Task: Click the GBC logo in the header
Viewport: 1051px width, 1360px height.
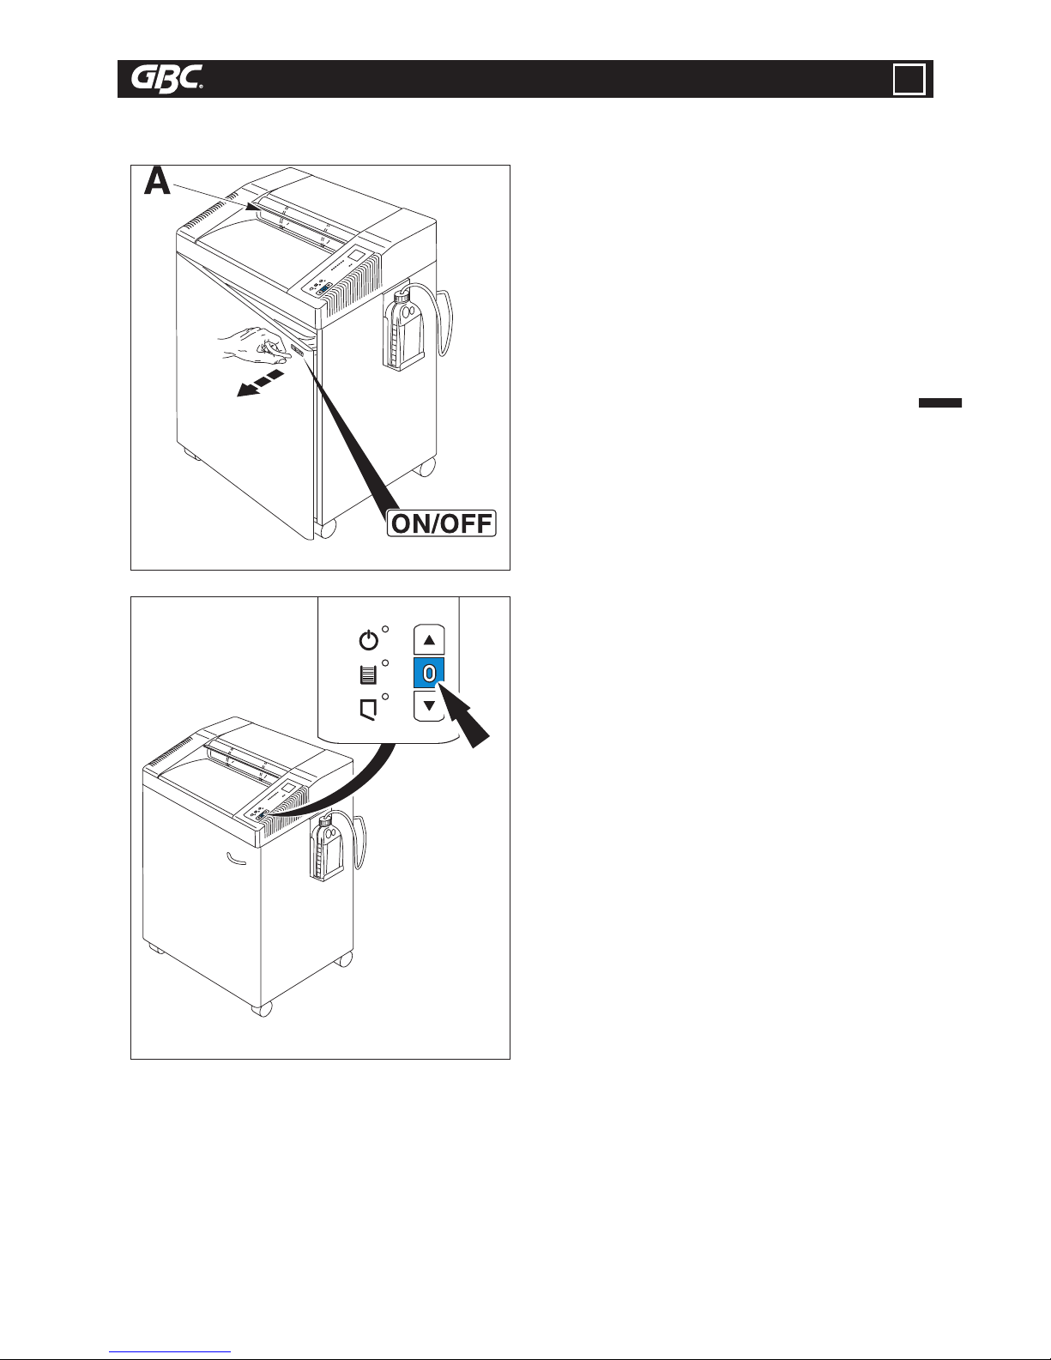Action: (x=166, y=80)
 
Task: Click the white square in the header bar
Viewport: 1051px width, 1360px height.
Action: (x=909, y=80)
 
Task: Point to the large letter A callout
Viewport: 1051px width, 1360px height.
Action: (x=157, y=182)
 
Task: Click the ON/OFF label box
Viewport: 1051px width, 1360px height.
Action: (x=442, y=523)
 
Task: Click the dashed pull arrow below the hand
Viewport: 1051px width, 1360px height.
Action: (x=260, y=384)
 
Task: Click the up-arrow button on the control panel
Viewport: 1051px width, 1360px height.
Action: (x=429, y=639)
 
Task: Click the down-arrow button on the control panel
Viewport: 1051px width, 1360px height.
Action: (x=429, y=706)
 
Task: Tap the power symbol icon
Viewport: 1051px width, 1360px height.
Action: (x=368, y=640)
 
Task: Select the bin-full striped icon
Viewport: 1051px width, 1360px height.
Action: (x=368, y=674)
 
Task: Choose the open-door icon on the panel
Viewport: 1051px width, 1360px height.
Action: (x=368, y=709)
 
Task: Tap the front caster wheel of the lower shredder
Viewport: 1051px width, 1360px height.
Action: (x=263, y=1008)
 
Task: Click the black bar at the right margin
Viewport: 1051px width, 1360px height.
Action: (x=939, y=403)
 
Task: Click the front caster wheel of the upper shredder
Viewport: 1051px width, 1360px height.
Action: (x=325, y=528)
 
